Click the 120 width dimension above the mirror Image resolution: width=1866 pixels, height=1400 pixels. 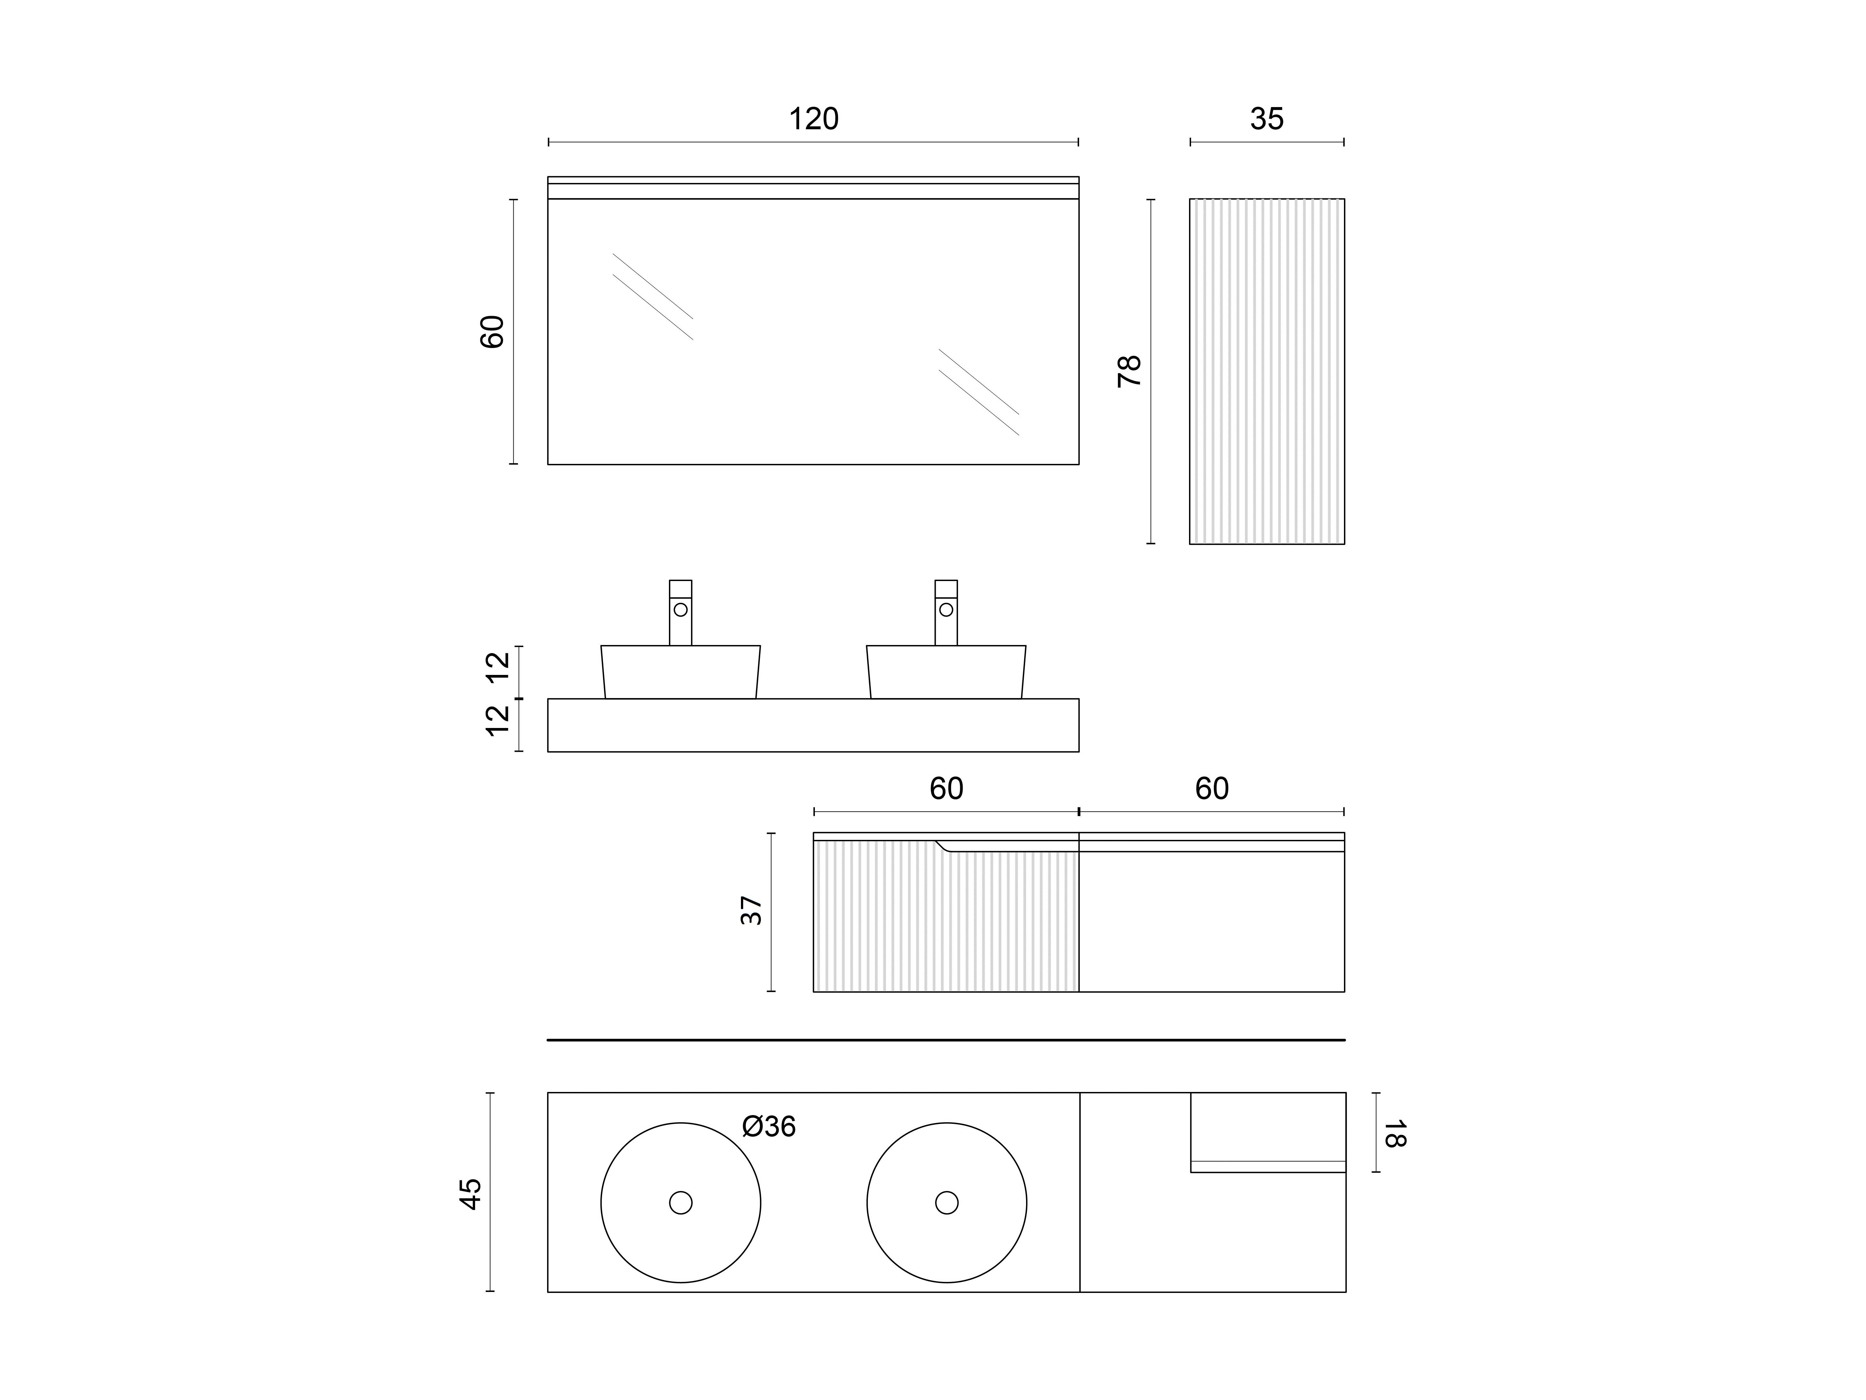point(813,119)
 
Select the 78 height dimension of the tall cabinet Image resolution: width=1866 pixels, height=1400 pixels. point(1129,371)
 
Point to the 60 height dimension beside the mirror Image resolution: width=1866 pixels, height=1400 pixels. point(492,332)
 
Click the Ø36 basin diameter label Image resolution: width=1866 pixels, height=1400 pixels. point(769,1127)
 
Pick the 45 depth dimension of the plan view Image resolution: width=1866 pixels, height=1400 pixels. point(470,1194)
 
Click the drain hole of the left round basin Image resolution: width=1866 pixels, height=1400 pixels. point(681,1203)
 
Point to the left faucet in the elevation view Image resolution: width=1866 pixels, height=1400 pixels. point(681,613)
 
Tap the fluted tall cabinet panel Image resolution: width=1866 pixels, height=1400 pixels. point(1267,371)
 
